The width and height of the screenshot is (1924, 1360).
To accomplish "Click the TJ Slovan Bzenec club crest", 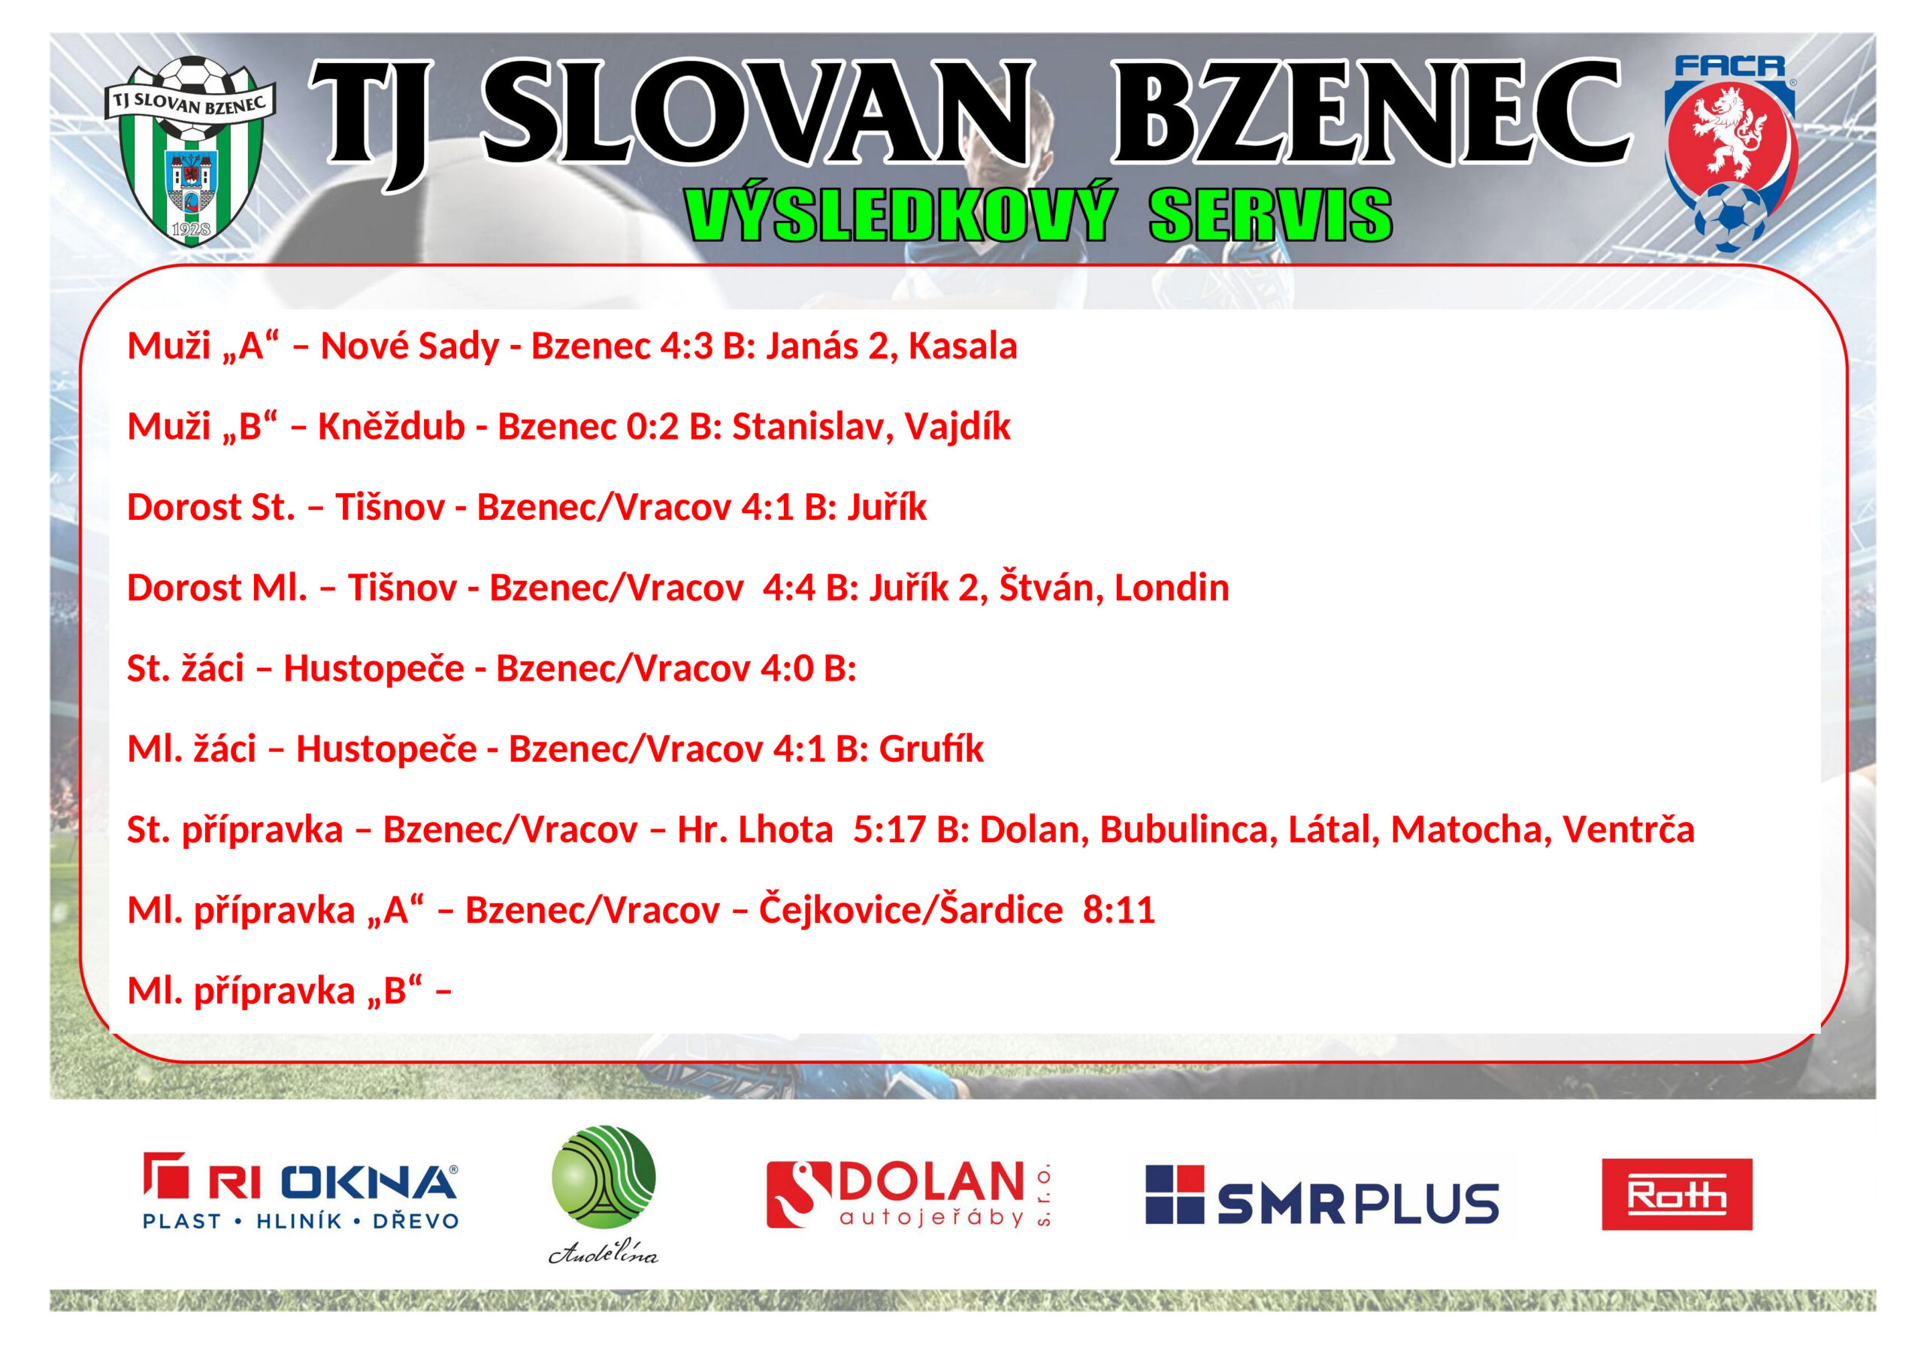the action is point(191,152).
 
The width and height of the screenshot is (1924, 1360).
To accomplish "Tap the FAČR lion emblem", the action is point(1730,154).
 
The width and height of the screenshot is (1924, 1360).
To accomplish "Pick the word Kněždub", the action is point(392,427).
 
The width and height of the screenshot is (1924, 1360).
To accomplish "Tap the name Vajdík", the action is point(957,427).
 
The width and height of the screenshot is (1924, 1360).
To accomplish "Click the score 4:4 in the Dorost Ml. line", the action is point(788,588).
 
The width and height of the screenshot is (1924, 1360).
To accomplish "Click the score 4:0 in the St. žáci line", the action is point(787,669).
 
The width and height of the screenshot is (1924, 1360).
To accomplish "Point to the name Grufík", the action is point(931,749).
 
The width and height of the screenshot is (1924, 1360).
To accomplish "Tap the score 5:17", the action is point(889,830).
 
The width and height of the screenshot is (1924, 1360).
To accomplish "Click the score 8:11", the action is point(1119,911).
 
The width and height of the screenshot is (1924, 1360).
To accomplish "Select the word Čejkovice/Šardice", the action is point(911,910).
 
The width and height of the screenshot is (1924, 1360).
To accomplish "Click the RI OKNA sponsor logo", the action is point(301,1191).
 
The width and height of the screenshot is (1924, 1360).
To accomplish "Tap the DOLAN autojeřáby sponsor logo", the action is point(909,1194).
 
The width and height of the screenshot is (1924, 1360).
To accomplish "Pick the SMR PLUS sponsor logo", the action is point(1321,1195).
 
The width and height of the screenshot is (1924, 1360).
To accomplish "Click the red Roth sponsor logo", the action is point(1677,1194).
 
